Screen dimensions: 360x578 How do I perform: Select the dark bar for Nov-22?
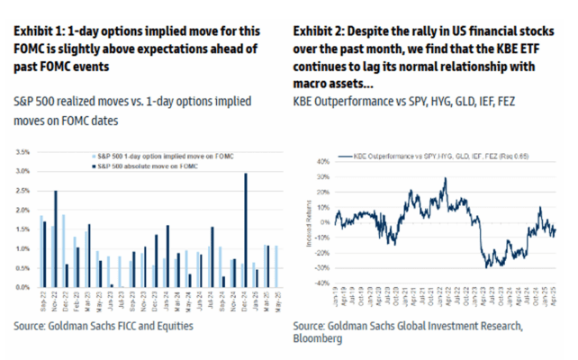[x=56, y=238]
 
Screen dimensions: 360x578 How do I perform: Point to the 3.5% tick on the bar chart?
[x=25, y=152]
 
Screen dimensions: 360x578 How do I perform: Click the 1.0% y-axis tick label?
[x=25, y=248]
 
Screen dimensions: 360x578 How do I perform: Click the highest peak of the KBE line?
[x=444, y=178]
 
